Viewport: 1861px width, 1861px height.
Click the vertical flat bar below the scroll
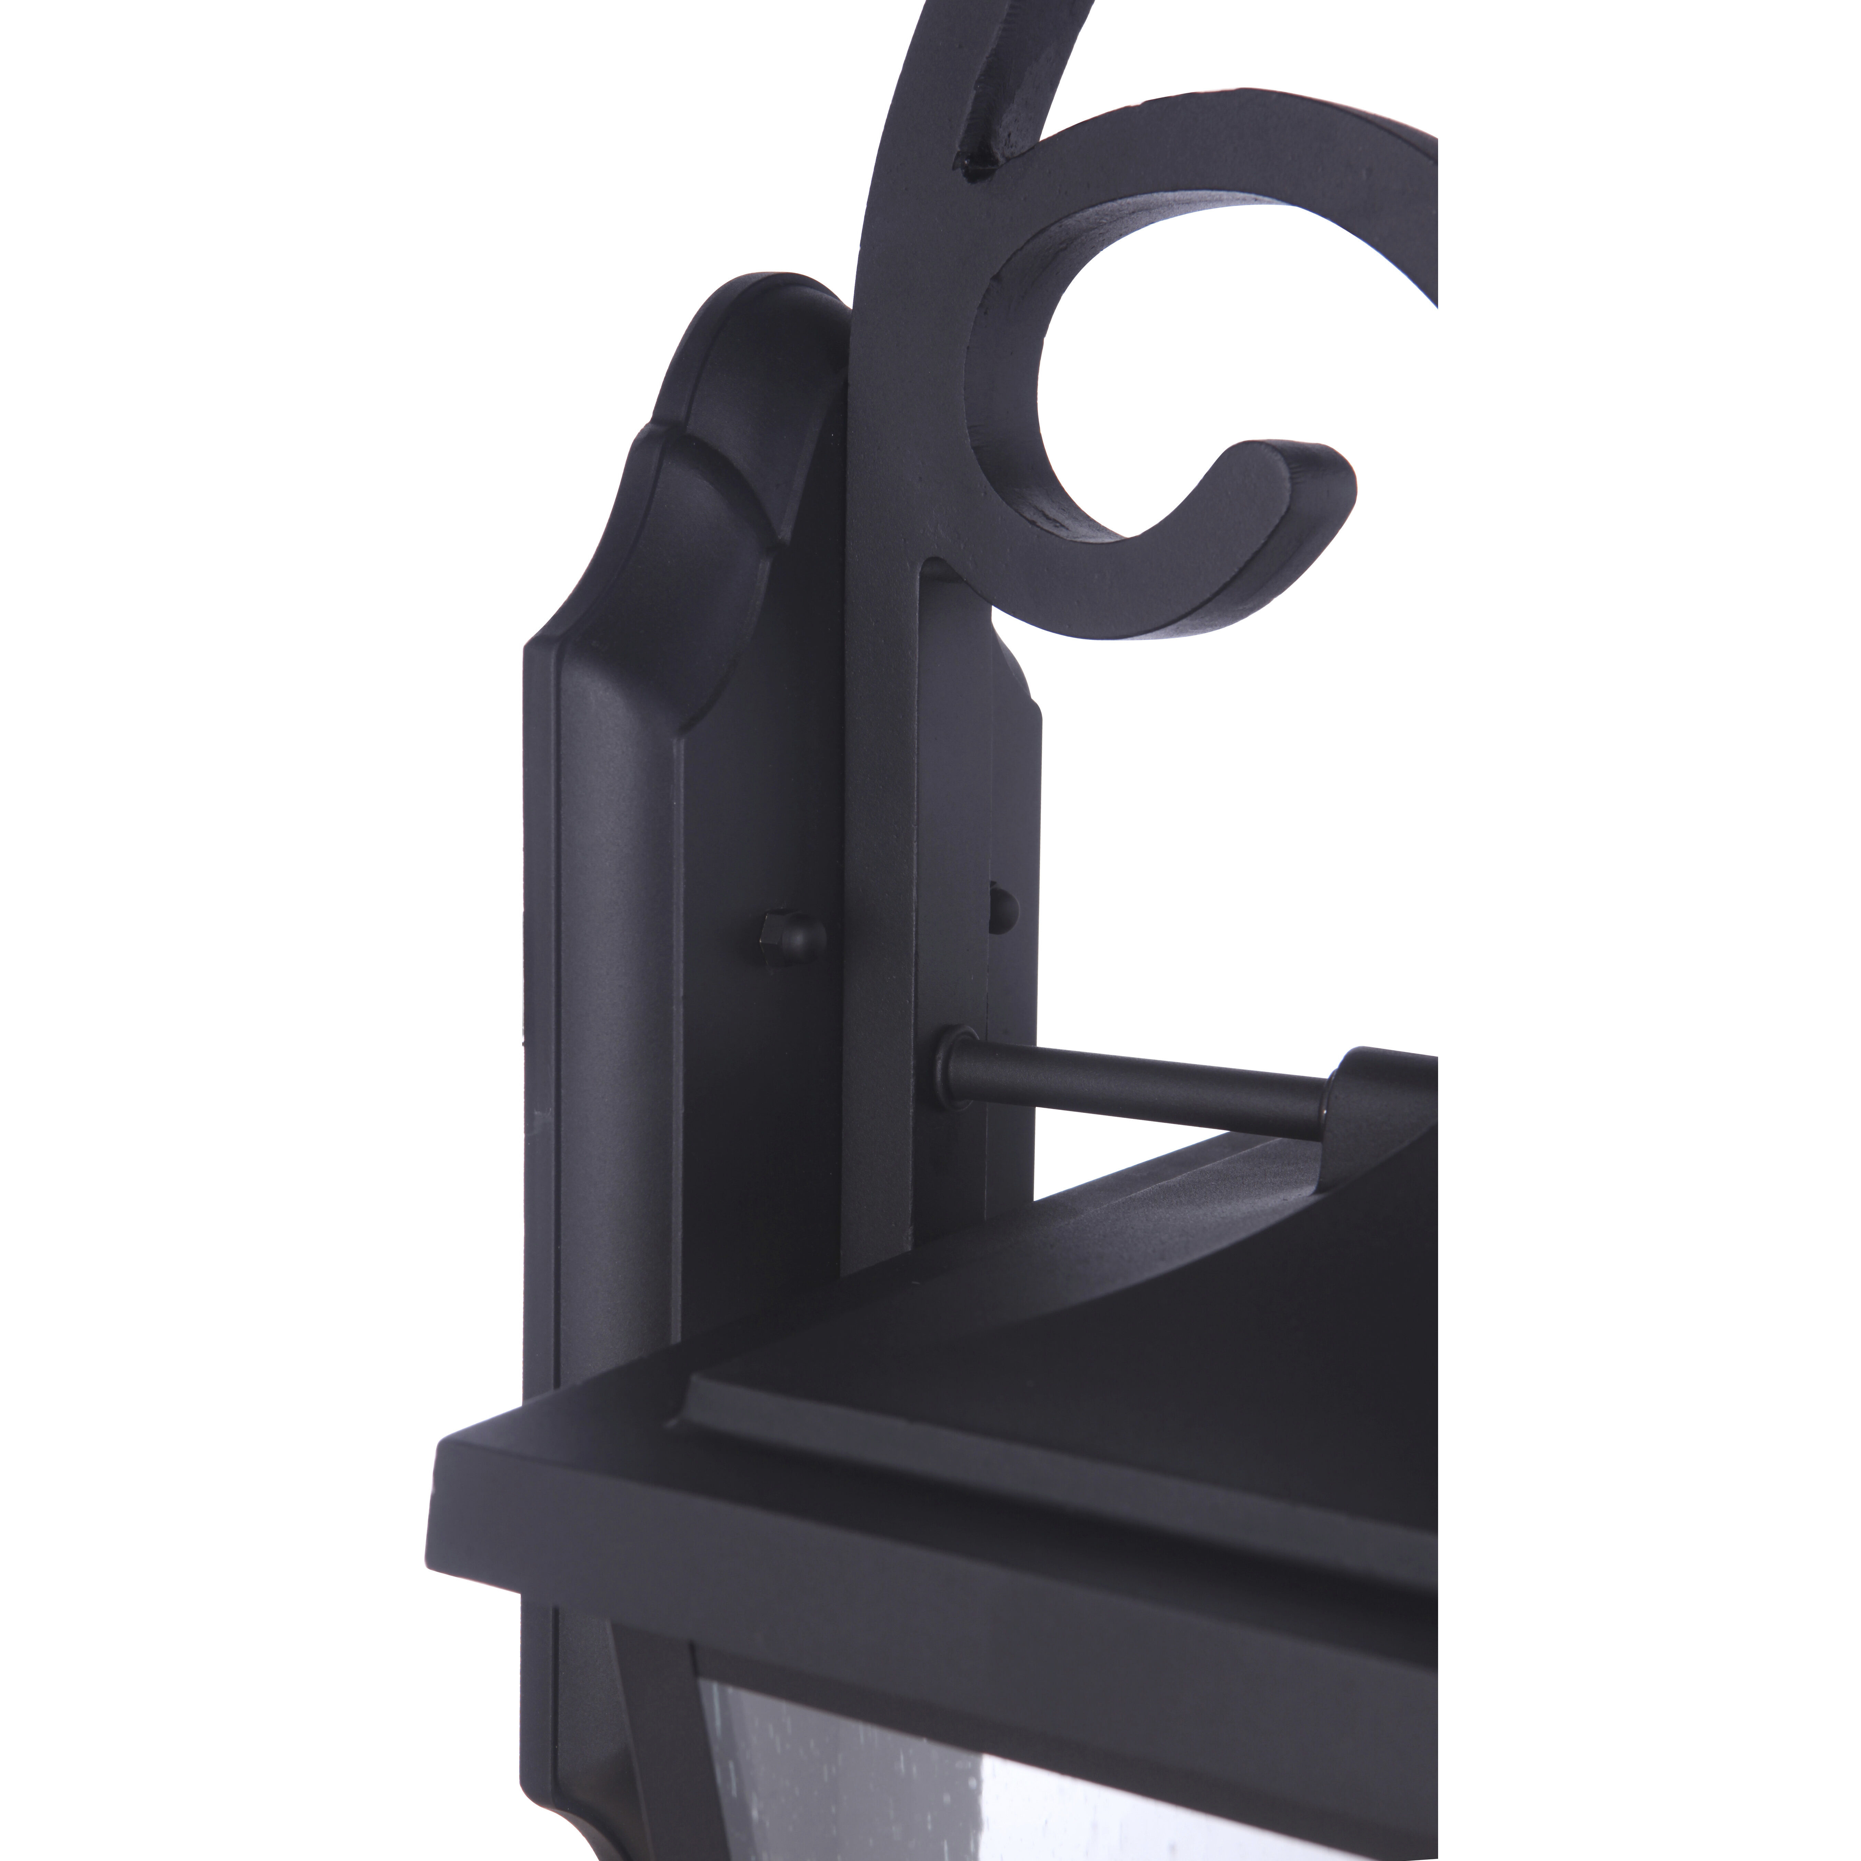[x=882, y=867]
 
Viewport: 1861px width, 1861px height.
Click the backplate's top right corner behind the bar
[x=1021, y=674]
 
